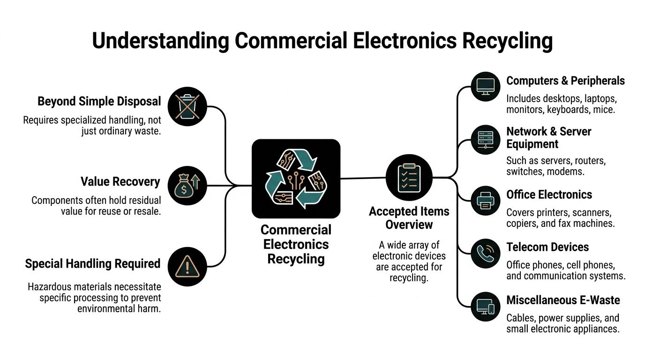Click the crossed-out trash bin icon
(x=187, y=106)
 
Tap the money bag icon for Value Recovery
(x=187, y=186)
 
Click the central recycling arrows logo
(x=296, y=179)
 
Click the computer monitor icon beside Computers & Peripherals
(x=485, y=86)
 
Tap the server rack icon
(x=485, y=140)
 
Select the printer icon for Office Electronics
(x=485, y=201)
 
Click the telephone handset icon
(x=485, y=254)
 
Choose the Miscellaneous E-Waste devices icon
(x=485, y=306)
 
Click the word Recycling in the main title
(x=507, y=41)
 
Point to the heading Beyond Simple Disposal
(x=99, y=101)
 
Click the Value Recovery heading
(x=120, y=181)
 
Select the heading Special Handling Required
(x=93, y=263)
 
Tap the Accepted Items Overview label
(x=409, y=218)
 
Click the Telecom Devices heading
(x=547, y=247)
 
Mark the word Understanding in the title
(x=160, y=41)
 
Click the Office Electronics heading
(x=549, y=195)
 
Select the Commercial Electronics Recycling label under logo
(x=296, y=244)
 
